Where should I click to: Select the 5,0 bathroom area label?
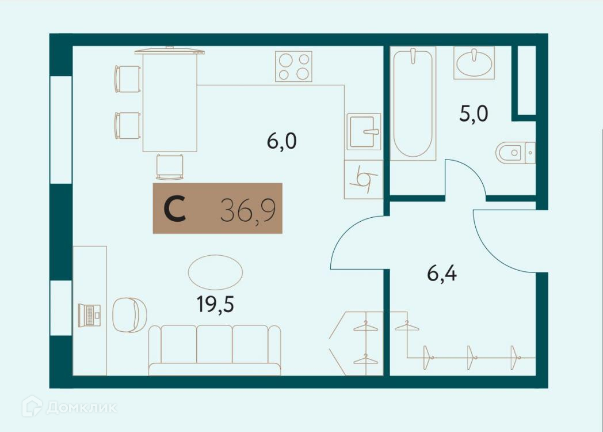[474, 113]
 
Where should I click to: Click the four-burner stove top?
[293, 66]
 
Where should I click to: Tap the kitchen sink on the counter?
[364, 132]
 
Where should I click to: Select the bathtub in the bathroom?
[413, 104]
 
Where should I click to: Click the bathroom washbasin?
[474, 63]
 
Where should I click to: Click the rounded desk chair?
[128, 315]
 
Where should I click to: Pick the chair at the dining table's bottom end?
[170, 167]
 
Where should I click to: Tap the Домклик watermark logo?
[70, 407]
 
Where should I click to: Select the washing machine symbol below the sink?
[364, 179]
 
